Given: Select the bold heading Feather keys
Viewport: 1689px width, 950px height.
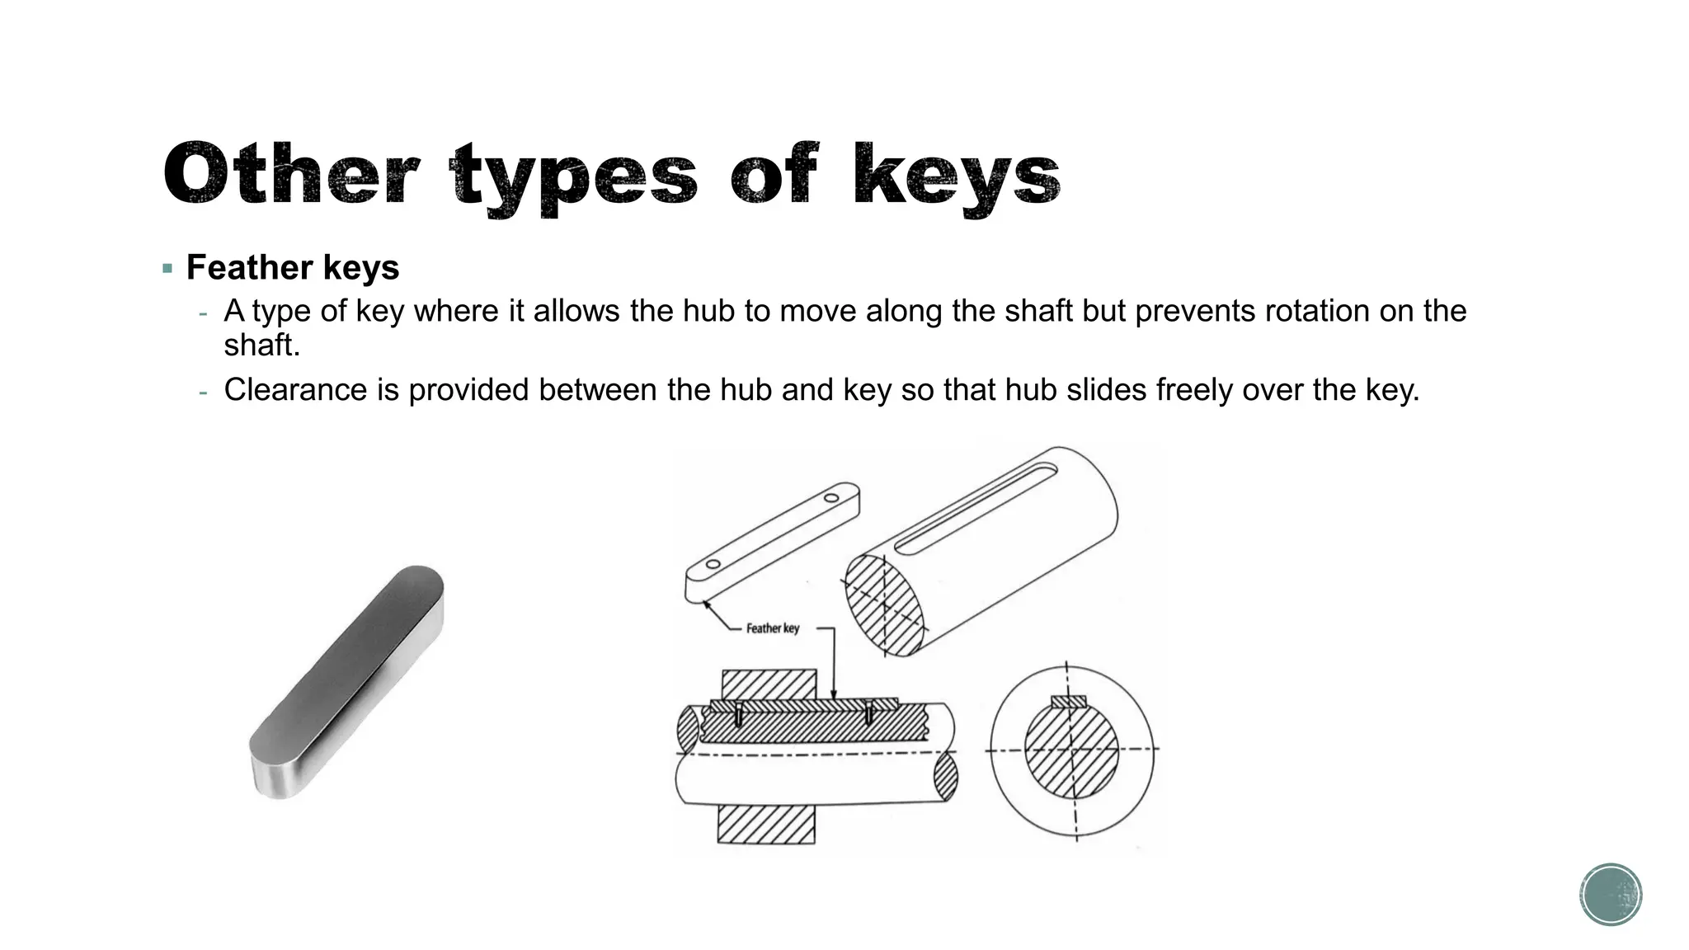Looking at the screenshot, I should click(293, 267).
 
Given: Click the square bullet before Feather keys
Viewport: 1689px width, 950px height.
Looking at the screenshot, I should click(168, 268).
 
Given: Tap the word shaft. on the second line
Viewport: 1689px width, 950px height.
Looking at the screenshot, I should click(262, 345).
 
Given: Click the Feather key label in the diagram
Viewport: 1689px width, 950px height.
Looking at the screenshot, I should click(772, 628).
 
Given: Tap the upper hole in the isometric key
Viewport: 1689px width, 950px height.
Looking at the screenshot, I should click(831, 497).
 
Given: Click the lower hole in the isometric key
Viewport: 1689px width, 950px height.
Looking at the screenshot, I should click(713, 564).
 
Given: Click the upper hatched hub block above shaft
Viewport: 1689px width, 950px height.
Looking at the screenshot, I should click(769, 684).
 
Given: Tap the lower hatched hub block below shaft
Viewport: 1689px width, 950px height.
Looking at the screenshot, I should click(766, 824).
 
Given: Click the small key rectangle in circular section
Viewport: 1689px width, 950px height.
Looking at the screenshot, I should click(1069, 702).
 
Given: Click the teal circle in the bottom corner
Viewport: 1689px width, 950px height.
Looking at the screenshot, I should click(1611, 895).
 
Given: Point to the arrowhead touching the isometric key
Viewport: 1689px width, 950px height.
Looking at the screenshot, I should click(707, 605).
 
